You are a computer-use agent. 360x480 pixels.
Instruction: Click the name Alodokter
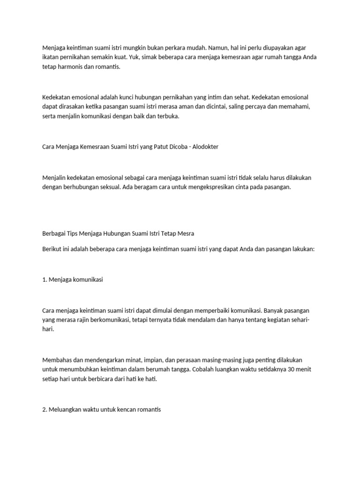(203, 147)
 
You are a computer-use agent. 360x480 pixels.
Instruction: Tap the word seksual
(109, 187)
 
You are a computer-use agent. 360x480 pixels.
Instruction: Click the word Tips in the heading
(72, 233)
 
